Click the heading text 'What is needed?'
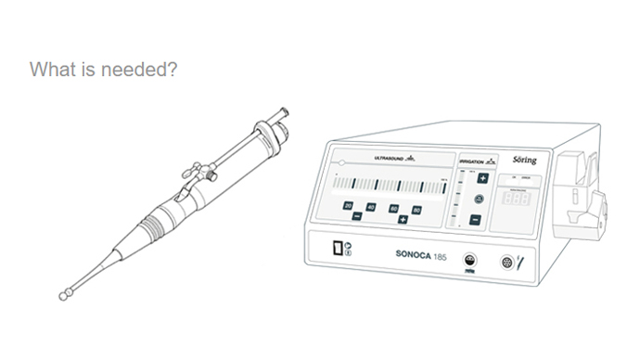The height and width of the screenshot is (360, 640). pyautogui.click(x=103, y=70)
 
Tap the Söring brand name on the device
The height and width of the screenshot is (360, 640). pyautogui.click(x=524, y=160)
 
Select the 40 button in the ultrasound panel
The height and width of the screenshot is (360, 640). pyautogui.click(x=371, y=207)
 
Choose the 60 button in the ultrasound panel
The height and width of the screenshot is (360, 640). pyautogui.click(x=393, y=209)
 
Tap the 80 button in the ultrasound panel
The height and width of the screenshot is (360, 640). pyautogui.click(x=416, y=211)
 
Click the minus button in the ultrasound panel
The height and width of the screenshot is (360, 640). pyautogui.click(x=357, y=215)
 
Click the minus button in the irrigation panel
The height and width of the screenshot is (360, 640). pyautogui.click(x=475, y=220)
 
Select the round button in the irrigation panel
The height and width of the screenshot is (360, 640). pyautogui.click(x=479, y=199)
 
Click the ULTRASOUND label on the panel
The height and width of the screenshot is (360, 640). pyautogui.click(x=389, y=159)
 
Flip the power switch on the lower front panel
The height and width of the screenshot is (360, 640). pyautogui.click(x=338, y=248)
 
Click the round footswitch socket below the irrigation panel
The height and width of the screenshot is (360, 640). pyautogui.click(x=470, y=261)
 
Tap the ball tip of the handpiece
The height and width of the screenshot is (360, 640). pyautogui.click(x=64, y=296)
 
